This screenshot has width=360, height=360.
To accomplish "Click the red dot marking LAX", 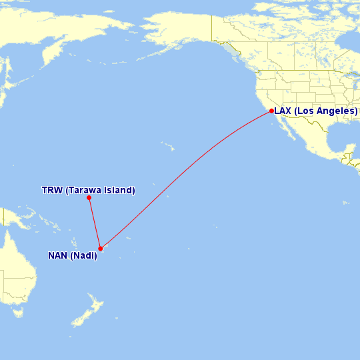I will click(x=271, y=111).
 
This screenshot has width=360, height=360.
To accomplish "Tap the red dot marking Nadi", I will click(x=100, y=249).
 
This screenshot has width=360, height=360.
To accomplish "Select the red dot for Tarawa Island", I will click(x=89, y=197).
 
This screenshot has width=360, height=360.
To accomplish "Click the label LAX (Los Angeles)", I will click(x=316, y=111).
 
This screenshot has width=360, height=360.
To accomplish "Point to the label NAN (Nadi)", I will click(x=72, y=255).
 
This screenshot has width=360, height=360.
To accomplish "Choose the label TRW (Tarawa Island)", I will click(x=88, y=190).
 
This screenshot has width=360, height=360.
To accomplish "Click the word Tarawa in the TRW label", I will click(x=83, y=190).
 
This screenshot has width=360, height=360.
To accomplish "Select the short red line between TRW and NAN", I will click(x=94, y=223).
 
